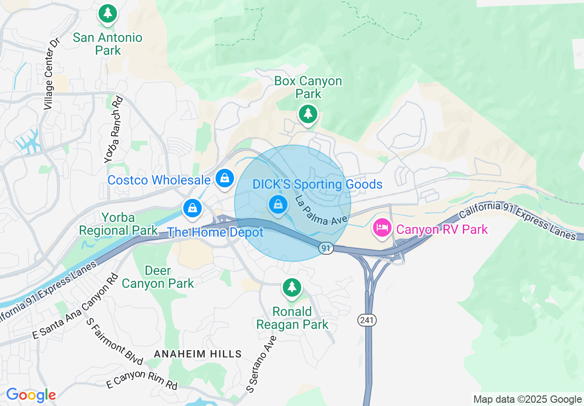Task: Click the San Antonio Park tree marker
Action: point(108,13)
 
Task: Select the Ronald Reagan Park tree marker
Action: point(292,287)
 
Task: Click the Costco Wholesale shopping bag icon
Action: point(225,178)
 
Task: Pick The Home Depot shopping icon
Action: point(193,209)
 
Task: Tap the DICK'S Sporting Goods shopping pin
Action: point(278,204)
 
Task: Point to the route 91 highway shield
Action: point(326,249)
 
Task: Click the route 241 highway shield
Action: point(368,320)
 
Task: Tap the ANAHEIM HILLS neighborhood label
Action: point(198,354)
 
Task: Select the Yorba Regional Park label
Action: point(118,224)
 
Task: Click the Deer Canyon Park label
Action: point(158,277)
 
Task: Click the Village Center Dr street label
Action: point(52,74)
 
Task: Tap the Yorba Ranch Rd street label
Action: point(114,129)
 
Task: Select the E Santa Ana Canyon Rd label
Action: point(75,306)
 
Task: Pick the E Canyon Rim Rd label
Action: point(142,379)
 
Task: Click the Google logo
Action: point(31,395)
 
